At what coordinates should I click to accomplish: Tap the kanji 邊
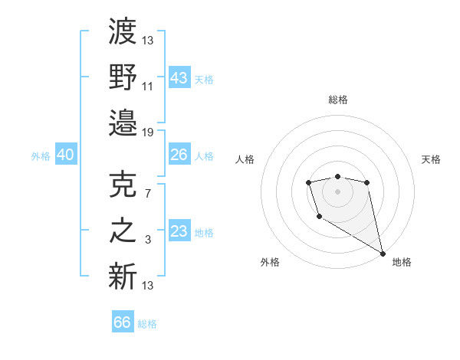123,122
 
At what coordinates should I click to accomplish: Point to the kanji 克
123,185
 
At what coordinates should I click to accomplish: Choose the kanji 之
123,231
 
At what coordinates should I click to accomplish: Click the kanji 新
123,276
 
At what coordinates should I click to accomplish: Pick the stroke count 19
148,132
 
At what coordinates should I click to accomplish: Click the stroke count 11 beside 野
148,86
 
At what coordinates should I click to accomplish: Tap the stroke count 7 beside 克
148,194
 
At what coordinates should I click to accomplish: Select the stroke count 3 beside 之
148,240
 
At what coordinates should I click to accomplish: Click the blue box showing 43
179,77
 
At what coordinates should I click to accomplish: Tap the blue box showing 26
179,155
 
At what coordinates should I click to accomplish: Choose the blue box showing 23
179,231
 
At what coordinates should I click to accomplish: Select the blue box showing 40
65,155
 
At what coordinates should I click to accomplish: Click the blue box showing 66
123,322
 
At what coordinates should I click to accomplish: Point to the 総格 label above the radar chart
338,100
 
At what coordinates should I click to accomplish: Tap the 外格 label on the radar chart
270,262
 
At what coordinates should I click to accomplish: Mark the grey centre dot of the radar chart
337,191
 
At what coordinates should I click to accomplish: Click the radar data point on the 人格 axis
308,182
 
